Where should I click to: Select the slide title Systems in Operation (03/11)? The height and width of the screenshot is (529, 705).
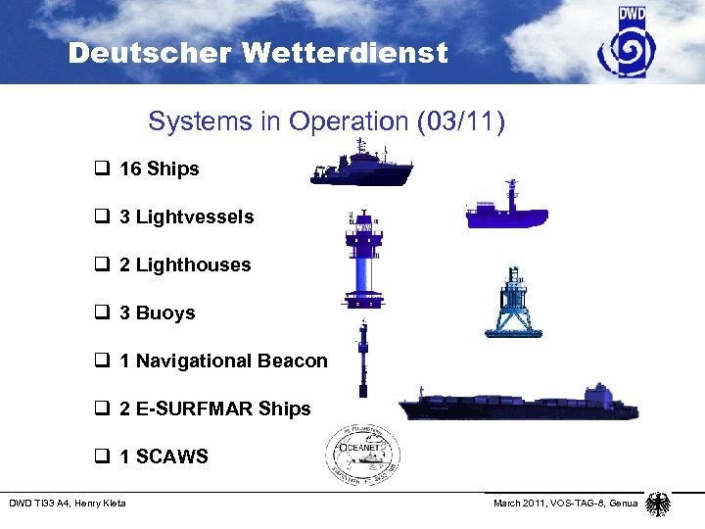(326, 122)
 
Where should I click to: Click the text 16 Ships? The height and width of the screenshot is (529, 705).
(159, 169)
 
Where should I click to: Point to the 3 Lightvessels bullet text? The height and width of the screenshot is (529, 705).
(186, 217)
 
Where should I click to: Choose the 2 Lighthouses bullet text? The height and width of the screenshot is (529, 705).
(185, 265)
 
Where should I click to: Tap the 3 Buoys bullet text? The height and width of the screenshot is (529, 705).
(157, 313)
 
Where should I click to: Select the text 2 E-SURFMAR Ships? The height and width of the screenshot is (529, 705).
(214, 409)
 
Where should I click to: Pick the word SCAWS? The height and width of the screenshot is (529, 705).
(172, 457)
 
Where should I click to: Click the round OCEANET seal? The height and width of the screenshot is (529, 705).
(363, 455)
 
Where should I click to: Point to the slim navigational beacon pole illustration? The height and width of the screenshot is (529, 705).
(363, 358)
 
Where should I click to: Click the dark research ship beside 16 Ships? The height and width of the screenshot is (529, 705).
(361, 165)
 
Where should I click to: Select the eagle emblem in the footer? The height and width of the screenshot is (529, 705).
(658, 504)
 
